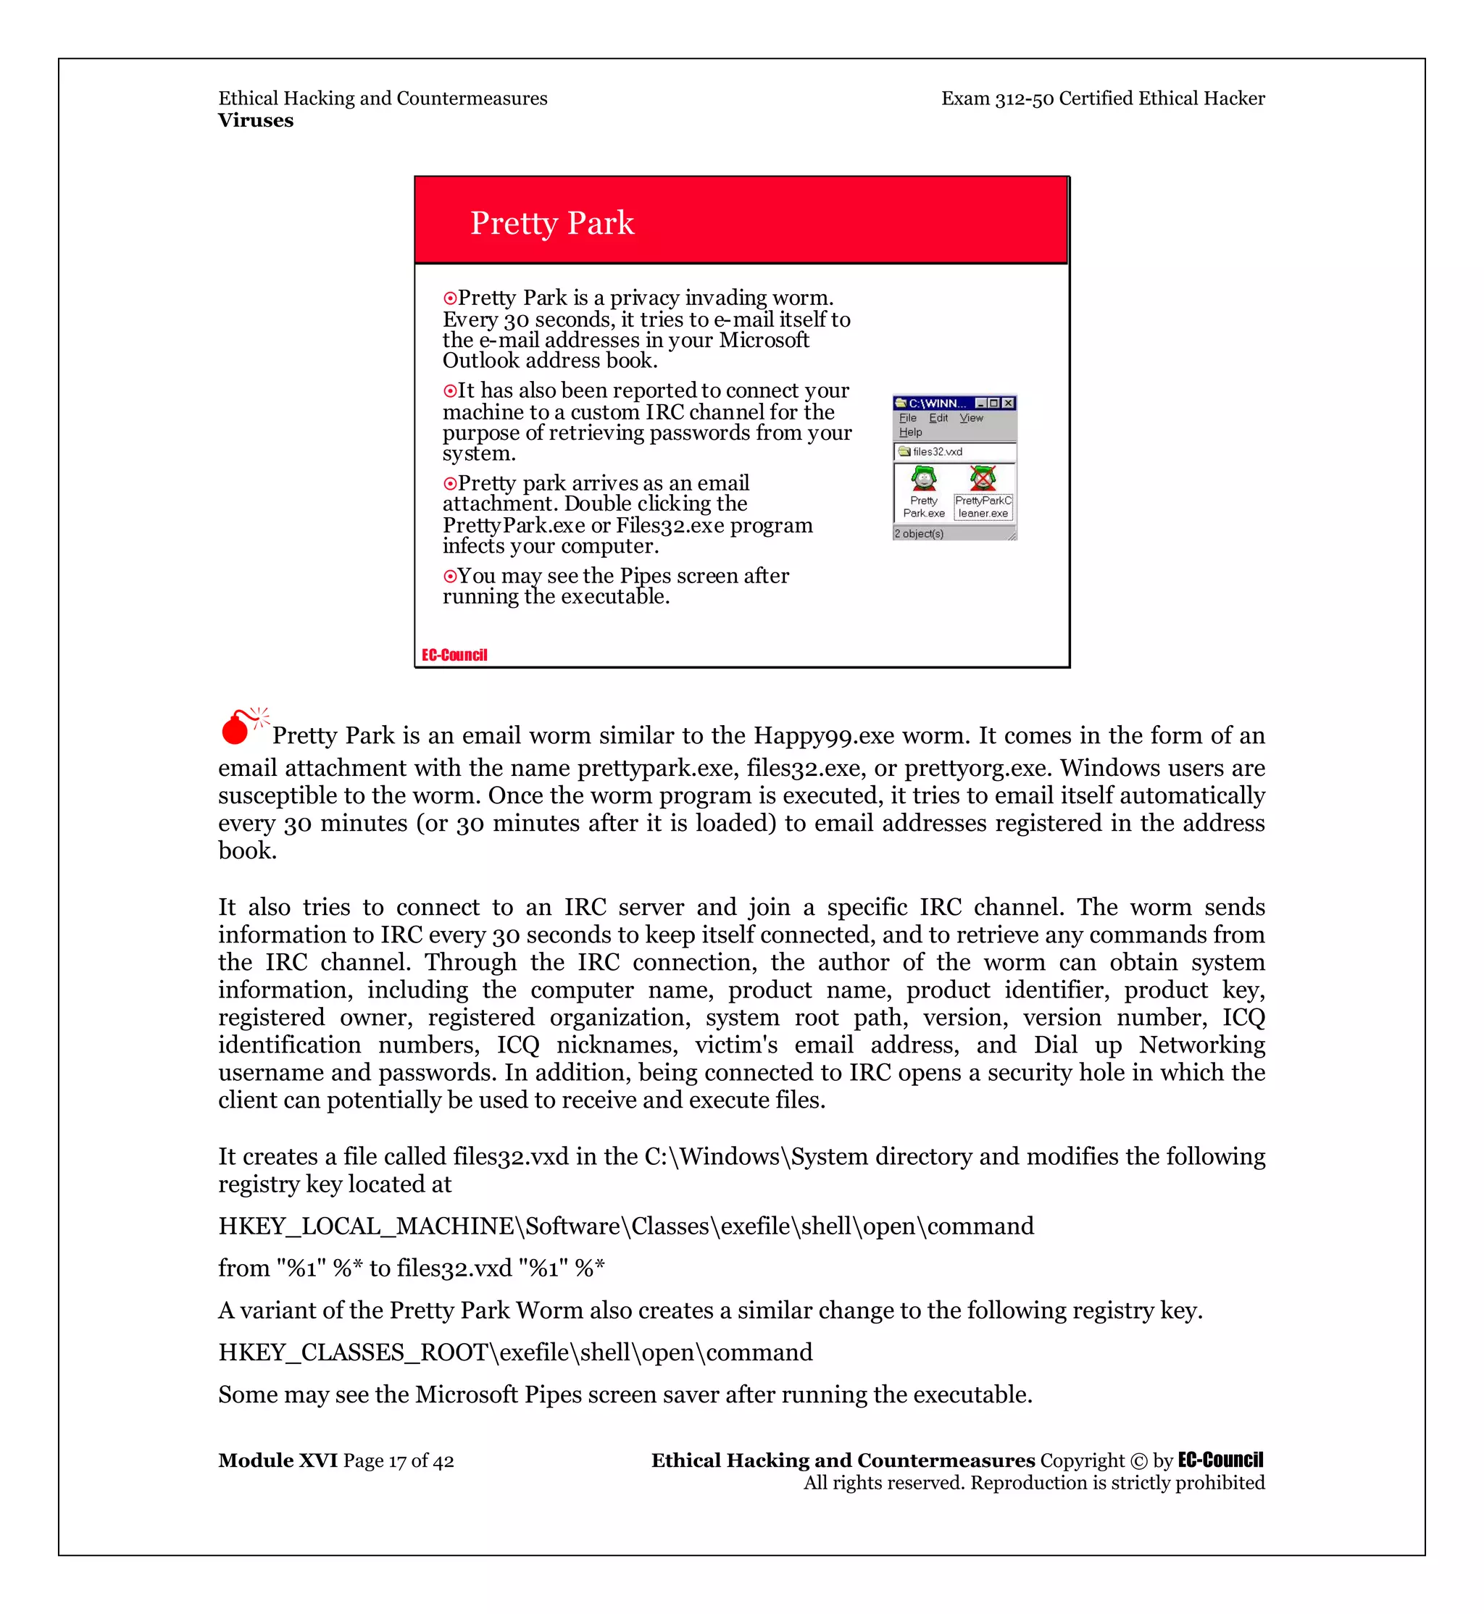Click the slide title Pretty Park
[x=551, y=223]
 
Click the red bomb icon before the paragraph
[x=237, y=727]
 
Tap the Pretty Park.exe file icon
[x=923, y=480]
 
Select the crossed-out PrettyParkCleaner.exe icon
[x=982, y=480]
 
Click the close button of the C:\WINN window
[x=1008, y=403]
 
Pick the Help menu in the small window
[x=910, y=432]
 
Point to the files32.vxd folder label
[x=936, y=452]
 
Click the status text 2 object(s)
[x=919, y=534]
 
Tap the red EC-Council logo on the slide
[x=454, y=656]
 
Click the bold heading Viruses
[x=255, y=120]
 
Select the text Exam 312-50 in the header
[x=996, y=99]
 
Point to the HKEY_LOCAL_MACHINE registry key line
[x=625, y=1226]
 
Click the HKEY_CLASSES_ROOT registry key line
[x=514, y=1352]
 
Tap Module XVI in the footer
[x=278, y=1460]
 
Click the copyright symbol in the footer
[x=1138, y=1460]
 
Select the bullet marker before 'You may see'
[x=450, y=577]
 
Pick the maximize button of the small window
[x=994, y=403]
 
